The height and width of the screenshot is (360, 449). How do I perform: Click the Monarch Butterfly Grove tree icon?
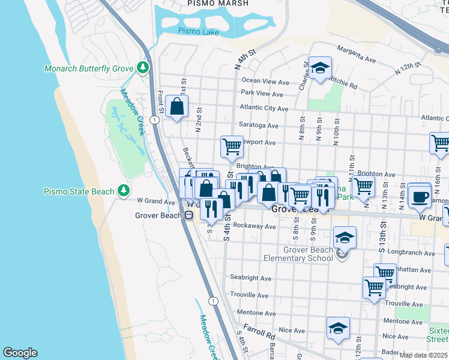143,68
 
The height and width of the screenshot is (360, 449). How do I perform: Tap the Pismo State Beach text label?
79,191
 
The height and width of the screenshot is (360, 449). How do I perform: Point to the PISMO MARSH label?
216,3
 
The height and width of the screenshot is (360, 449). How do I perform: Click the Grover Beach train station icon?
188,215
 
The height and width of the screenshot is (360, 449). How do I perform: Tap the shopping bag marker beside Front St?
178,107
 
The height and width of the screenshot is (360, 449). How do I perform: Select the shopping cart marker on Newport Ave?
232,146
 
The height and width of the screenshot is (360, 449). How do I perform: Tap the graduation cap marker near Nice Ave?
338,328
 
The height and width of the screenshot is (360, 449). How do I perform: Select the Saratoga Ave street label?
259,126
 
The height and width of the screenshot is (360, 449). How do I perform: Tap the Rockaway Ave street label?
256,227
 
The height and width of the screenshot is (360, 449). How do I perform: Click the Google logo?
20,352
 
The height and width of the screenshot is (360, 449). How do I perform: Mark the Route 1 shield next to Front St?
155,120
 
